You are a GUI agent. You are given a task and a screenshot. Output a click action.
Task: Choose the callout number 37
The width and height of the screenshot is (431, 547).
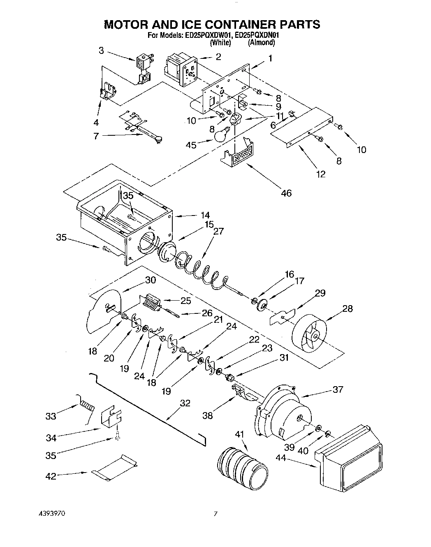click(x=337, y=389)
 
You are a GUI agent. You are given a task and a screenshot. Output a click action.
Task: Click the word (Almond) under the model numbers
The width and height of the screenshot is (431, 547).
click(x=261, y=42)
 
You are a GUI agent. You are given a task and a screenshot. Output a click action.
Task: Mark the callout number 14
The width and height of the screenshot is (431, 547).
click(x=205, y=215)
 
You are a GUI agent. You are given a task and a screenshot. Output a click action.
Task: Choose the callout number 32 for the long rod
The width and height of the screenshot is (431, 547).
click(x=185, y=403)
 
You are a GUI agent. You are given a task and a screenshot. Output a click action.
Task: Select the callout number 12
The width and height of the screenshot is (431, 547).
click(x=321, y=174)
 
